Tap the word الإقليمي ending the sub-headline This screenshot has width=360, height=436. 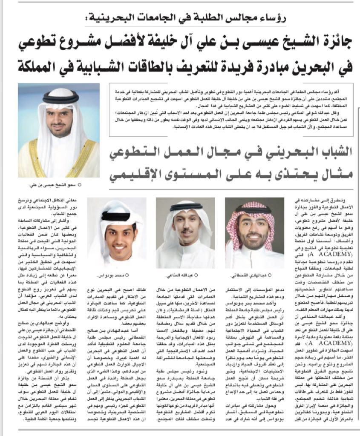pos(136,174)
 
